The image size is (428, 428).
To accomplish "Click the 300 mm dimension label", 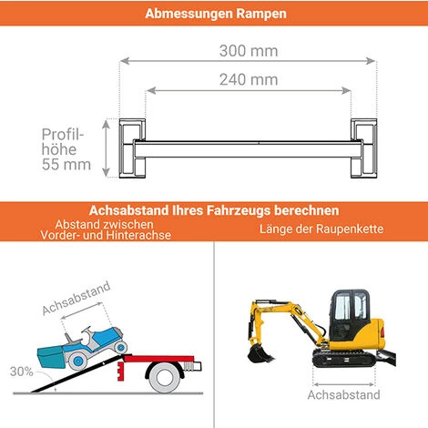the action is [x=249, y=51].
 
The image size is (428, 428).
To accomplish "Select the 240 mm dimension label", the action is [x=249, y=80].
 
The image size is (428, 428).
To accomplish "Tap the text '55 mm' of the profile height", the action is [x=66, y=165].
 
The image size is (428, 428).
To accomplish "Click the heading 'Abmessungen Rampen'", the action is [x=216, y=14].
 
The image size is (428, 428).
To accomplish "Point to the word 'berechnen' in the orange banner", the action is [x=307, y=210].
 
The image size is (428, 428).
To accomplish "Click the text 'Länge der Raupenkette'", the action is [x=321, y=229].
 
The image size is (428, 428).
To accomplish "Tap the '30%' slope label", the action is [x=21, y=372].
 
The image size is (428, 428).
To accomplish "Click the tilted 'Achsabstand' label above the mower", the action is [x=76, y=298].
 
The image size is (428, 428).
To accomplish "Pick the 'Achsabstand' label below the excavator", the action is [x=343, y=395].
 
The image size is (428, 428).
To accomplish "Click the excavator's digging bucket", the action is [x=260, y=352].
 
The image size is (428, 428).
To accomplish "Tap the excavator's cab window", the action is [x=352, y=307].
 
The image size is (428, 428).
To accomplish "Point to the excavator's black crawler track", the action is [x=344, y=358].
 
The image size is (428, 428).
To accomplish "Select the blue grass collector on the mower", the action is [x=50, y=357].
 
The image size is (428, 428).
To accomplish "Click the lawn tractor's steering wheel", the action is [x=86, y=331].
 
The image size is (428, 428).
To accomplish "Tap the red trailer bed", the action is [x=158, y=359].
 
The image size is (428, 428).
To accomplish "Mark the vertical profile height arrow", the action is [x=106, y=148].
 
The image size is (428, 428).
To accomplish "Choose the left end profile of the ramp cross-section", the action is [x=132, y=148].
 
